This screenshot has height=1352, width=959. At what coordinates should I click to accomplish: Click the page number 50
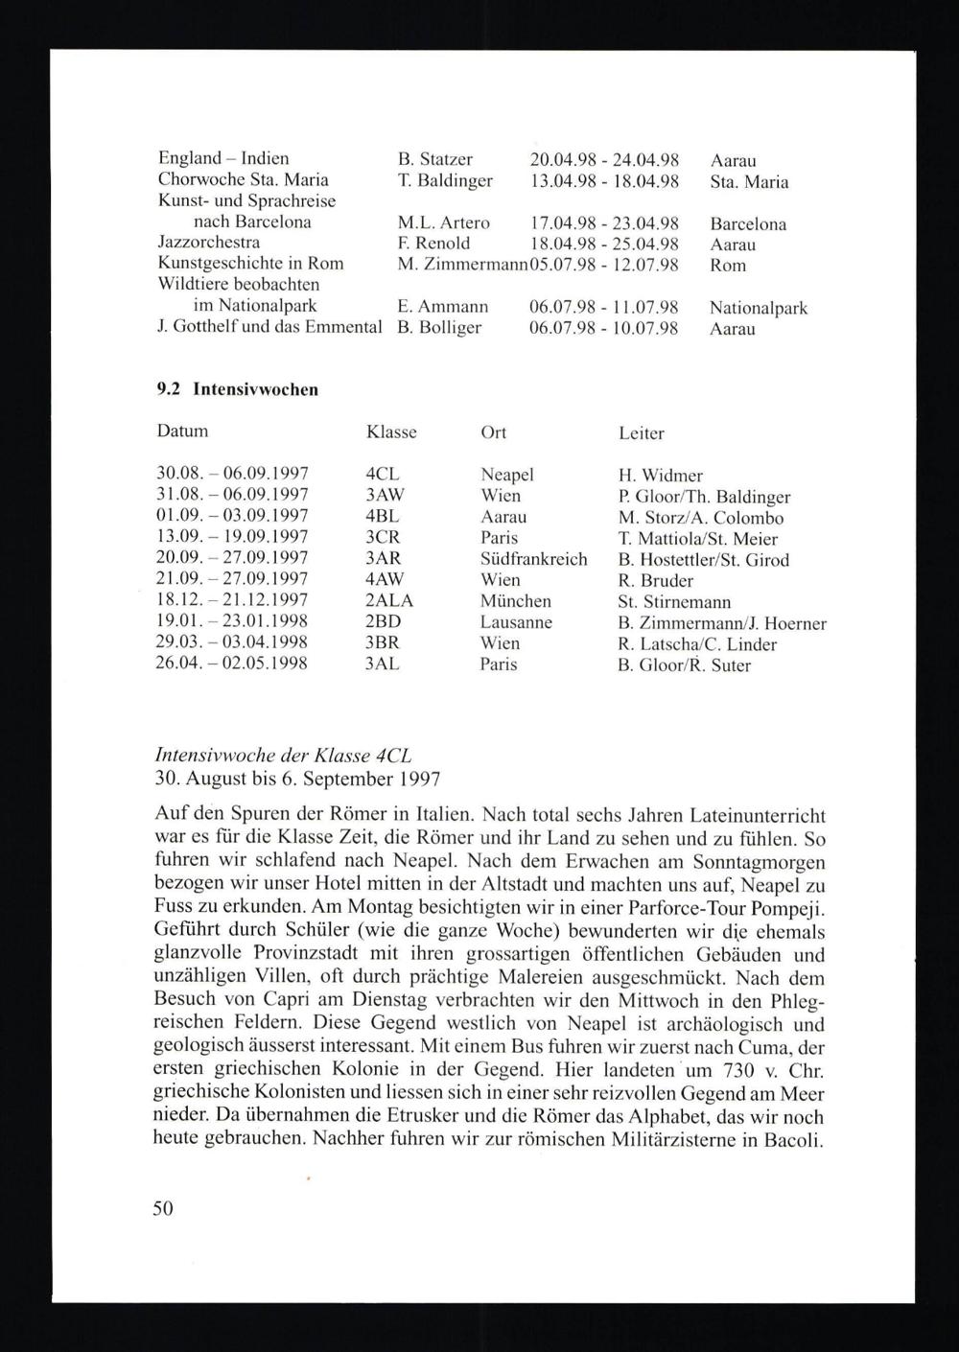tap(163, 1208)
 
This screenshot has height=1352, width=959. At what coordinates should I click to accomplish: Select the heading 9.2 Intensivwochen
tap(237, 389)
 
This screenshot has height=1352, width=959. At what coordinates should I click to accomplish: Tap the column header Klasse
tap(391, 432)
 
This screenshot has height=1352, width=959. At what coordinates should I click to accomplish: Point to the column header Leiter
tap(642, 433)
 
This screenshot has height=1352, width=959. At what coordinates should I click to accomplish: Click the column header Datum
tap(182, 431)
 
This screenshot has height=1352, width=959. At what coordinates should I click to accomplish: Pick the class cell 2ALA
tap(389, 601)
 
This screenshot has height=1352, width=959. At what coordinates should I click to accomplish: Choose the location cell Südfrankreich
tap(533, 559)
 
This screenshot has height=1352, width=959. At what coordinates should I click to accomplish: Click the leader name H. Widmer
tap(661, 476)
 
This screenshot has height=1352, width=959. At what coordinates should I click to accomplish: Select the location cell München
tap(516, 601)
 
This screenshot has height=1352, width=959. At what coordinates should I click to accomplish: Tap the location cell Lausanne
tap(517, 622)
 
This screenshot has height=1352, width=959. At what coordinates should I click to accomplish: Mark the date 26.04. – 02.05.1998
tap(231, 664)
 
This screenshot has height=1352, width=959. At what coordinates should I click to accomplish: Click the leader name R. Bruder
tap(656, 581)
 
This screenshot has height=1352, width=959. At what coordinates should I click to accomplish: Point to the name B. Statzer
tap(434, 159)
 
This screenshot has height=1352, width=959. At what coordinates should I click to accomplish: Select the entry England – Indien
tap(223, 158)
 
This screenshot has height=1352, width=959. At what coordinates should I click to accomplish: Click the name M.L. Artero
tap(443, 222)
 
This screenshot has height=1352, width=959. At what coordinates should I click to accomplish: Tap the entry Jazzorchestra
tap(208, 243)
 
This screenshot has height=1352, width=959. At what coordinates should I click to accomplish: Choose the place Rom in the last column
tap(728, 266)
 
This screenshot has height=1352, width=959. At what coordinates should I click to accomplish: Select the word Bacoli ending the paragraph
tap(792, 1140)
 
